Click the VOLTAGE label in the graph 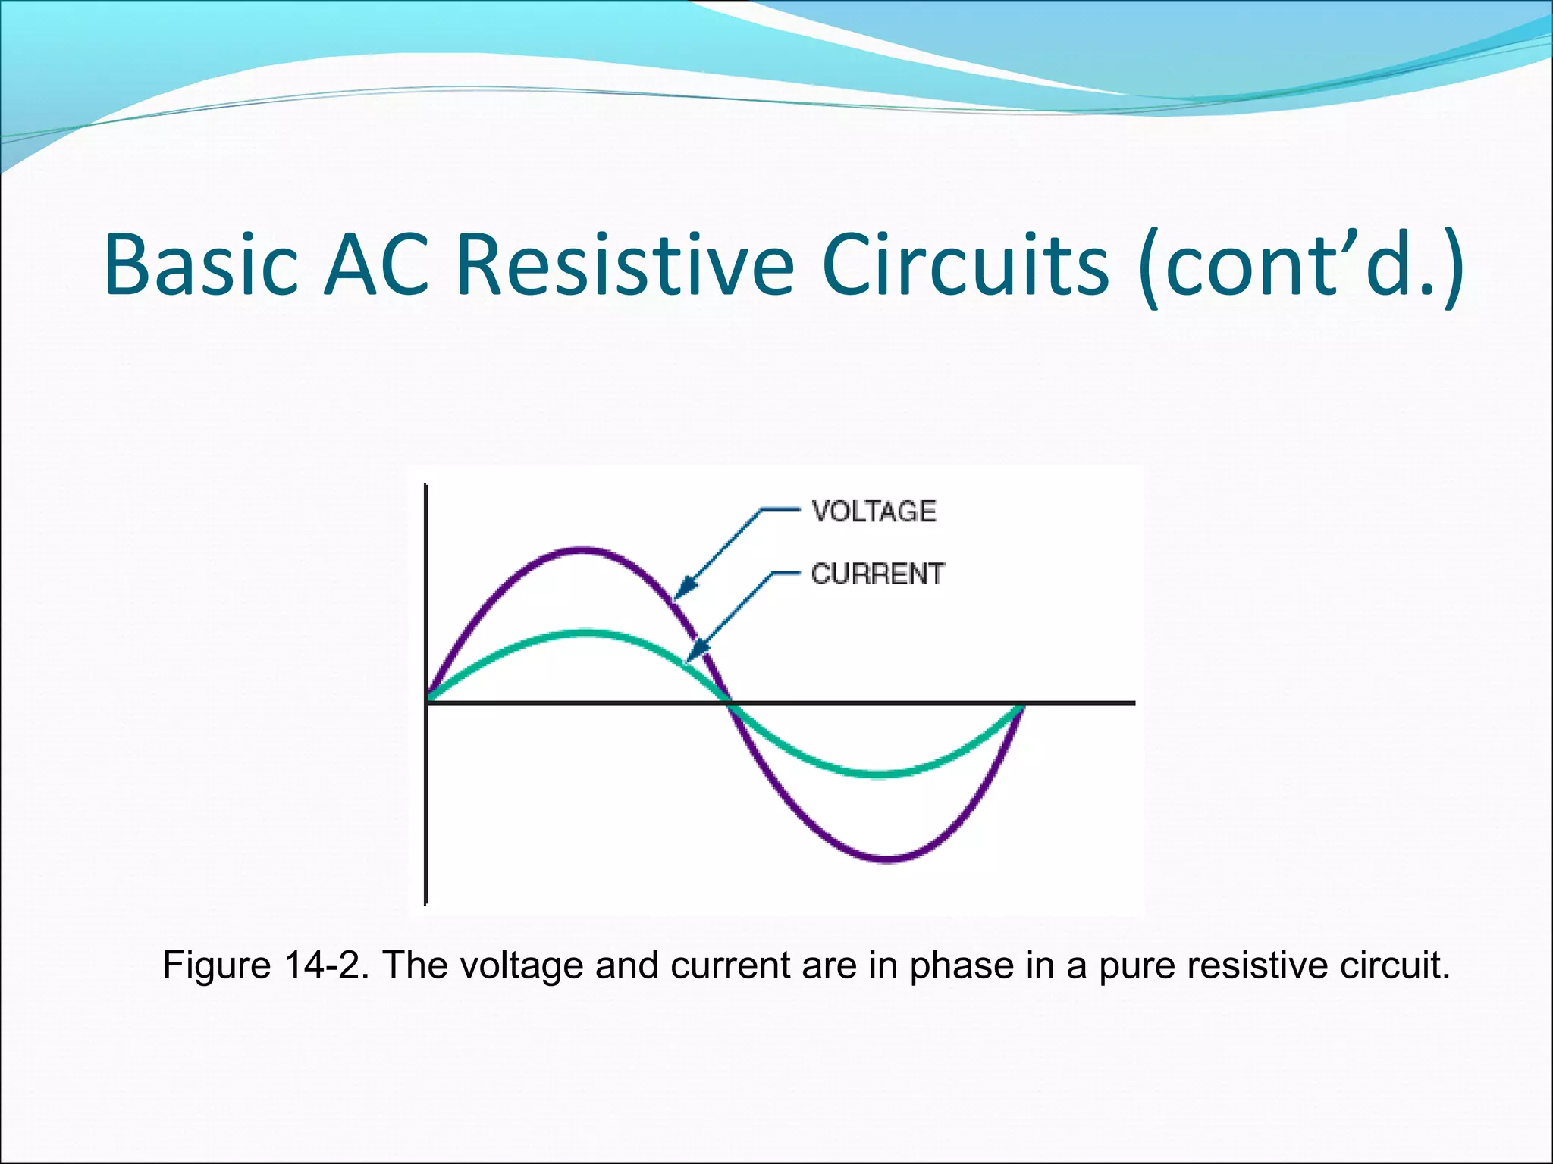[874, 512]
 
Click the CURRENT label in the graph [877, 574]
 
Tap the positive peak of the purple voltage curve [582, 548]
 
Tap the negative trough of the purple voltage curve [887, 859]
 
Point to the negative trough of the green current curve [880, 774]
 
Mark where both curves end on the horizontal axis [1023, 704]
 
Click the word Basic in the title [201, 264]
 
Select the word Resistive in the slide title [625, 264]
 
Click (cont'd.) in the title [1301, 264]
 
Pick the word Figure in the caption [217, 965]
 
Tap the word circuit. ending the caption [1395, 965]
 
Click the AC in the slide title [376, 264]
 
